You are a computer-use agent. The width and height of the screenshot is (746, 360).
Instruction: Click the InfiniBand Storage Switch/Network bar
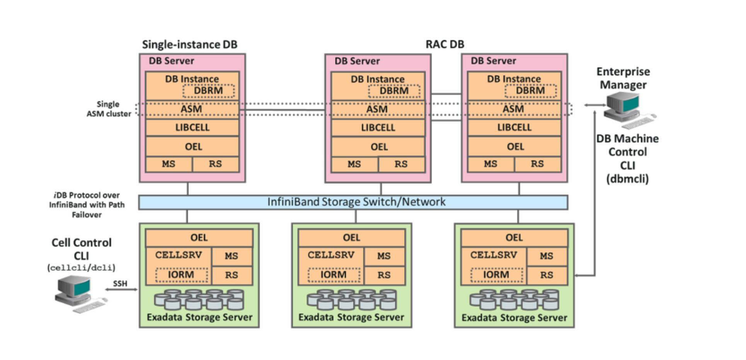click(x=353, y=202)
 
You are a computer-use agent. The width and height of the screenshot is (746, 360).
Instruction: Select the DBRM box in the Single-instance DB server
click(x=208, y=91)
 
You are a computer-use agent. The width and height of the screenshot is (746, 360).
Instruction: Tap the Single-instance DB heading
click(x=189, y=44)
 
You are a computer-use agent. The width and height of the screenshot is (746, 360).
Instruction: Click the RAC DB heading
click(x=445, y=44)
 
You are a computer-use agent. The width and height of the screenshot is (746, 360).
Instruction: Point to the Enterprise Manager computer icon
click(x=626, y=110)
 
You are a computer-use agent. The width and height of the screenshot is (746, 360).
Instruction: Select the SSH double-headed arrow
click(x=121, y=289)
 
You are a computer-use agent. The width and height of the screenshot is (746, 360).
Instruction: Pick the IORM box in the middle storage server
click(x=333, y=275)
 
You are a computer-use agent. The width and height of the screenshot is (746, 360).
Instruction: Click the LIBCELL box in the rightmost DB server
click(x=514, y=128)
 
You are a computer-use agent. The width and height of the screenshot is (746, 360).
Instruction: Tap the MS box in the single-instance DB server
click(x=169, y=164)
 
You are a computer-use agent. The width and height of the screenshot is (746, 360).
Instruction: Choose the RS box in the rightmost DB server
click(x=537, y=164)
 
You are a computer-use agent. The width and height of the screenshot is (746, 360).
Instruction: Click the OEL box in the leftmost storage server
click(x=199, y=238)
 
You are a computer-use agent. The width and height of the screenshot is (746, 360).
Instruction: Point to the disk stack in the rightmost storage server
click(x=514, y=300)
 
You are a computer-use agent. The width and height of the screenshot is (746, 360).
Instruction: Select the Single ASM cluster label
click(x=109, y=109)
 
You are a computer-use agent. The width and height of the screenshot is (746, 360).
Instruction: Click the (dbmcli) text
click(x=627, y=179)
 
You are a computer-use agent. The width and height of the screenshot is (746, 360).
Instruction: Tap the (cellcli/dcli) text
click(x=81, y=268)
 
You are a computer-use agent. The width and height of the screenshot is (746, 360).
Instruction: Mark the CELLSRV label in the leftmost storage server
click(x=179, y=255)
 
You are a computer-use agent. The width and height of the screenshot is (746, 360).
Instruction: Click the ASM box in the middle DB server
click(x=377, y=109)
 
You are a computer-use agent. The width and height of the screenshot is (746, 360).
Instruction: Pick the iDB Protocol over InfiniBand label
click(x=87, y=205)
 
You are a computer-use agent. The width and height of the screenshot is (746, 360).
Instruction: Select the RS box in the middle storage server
click(x=384, y=275)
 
